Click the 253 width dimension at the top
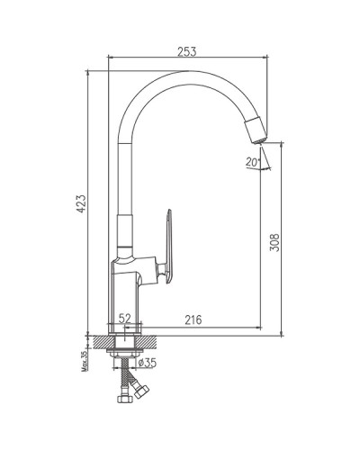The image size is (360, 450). coord(186,51)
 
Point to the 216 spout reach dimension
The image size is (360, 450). coord(194,319)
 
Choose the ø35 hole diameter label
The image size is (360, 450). coord(147,364)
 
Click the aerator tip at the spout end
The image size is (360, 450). coord(255,130)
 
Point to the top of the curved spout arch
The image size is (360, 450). coord(180,74)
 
